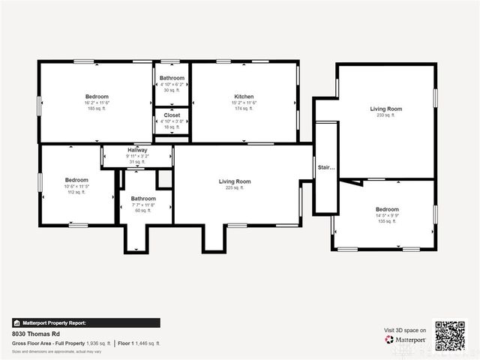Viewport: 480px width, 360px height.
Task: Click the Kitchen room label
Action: click(x=244, y=97)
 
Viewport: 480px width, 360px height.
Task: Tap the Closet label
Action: click(x=172, y=115)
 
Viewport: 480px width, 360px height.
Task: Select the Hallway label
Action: click(x=137, y=150)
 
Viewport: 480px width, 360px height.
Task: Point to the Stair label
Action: click(x=325, y=167)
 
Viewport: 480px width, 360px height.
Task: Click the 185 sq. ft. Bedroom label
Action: click(x=97, y=97)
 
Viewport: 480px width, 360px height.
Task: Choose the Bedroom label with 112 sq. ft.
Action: click(x=76, y=180)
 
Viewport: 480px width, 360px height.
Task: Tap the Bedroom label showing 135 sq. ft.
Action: click(x=387, y=209)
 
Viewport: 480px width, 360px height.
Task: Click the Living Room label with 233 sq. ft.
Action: click(x=385, y=109)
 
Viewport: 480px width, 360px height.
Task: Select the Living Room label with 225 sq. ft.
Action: click(x=235, y=181)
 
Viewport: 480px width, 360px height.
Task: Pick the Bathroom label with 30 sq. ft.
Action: click(x=172, y=78)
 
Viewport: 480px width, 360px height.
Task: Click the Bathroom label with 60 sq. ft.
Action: click(x=143, y=199)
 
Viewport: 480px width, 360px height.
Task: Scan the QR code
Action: click(x=450, y=335)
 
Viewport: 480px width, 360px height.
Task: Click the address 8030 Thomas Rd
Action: click(x=36, y=333)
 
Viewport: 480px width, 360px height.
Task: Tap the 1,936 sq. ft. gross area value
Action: click(x=98, y=343)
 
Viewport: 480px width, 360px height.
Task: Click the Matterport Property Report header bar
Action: click(x=85, y=322)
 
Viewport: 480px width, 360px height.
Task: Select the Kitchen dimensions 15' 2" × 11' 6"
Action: click(x=244, y=103)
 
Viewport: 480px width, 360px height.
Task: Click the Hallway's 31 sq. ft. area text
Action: click(x=137, y=162)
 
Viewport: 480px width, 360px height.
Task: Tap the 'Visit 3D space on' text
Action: click(x=405, y=330)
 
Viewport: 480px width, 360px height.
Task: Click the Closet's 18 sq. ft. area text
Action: click(x=172, y=127)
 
